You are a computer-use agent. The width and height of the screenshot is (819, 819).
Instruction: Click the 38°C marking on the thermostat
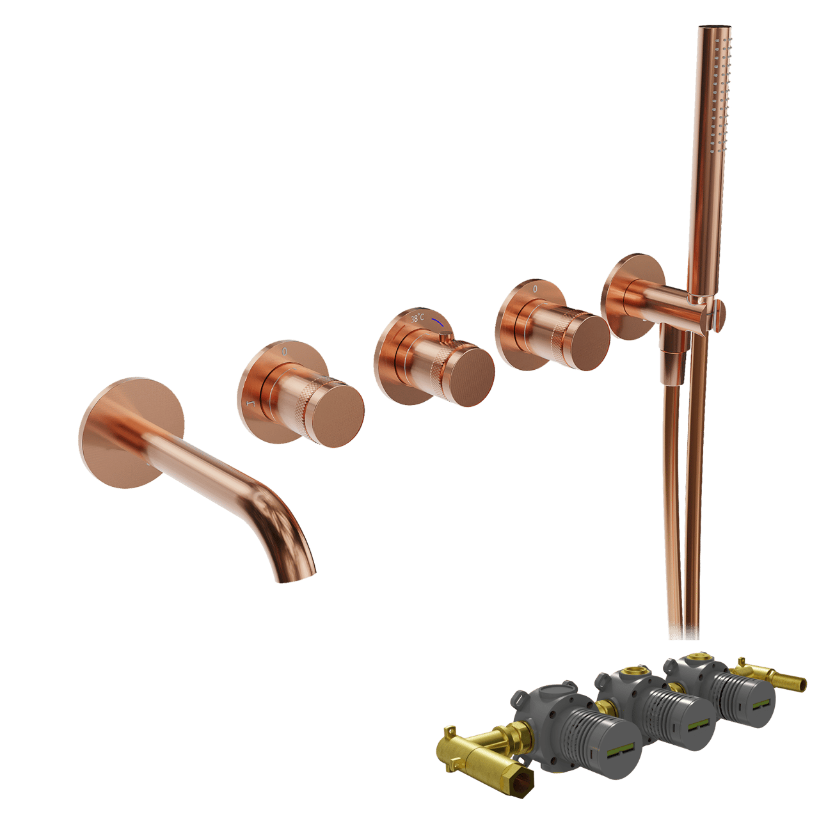pyautogui.click(x=418, y=317)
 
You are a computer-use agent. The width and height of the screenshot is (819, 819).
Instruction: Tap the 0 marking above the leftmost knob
pyautogui.click(x=285, y=352)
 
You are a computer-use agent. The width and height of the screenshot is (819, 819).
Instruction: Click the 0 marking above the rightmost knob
pyautogui.click(x=536, y=289)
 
